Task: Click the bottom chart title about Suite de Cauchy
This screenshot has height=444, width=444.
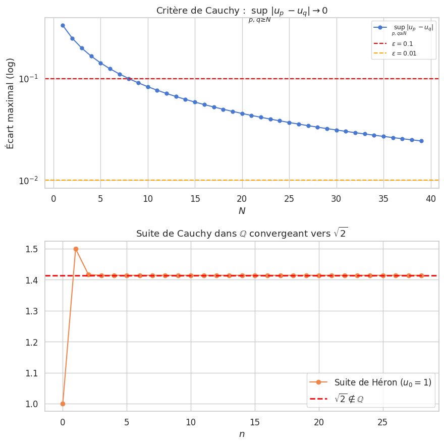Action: tap(242, 234)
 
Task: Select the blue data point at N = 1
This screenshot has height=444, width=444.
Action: tap(63, 25)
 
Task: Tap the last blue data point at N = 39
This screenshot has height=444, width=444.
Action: tap(421, 141)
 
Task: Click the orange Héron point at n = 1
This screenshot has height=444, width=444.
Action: tap(76, 249)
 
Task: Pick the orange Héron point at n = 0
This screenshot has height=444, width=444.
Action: tap(63, 404)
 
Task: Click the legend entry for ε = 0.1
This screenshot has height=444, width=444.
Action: tap(402, 44)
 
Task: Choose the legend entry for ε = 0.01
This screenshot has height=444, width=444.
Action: tap(404, 53)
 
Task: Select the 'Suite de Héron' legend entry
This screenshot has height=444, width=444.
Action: tap(383, 382)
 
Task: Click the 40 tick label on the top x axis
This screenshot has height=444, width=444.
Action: tap(431, 199)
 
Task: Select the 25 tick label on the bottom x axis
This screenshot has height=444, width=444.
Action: tap(383, 421)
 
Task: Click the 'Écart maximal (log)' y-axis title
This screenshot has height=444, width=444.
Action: tap(11, 103)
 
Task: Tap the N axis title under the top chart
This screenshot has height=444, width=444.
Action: tap(242, 211)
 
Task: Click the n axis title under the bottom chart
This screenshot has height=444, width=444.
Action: tap(242, 433)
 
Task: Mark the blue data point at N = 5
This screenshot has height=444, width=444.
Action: tap(100, 63)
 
